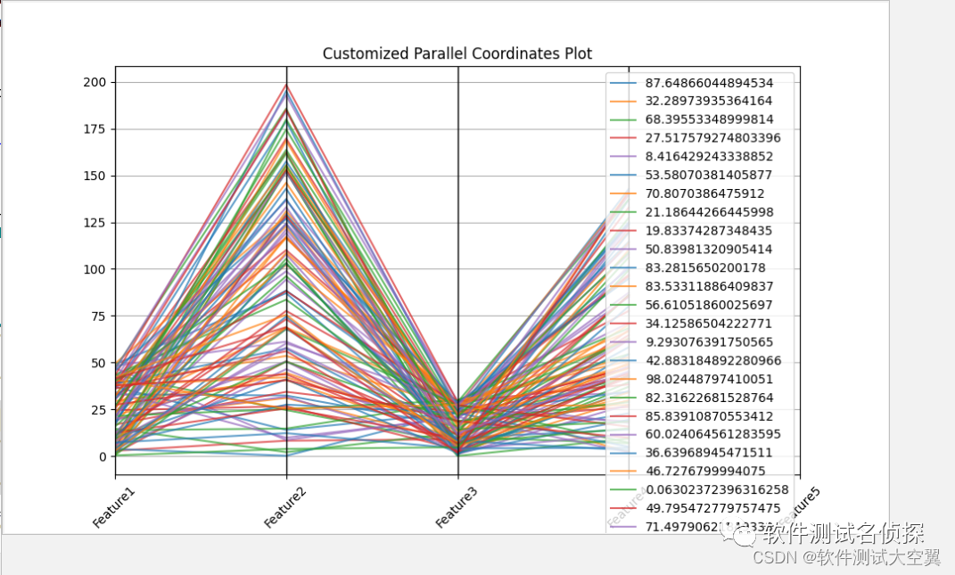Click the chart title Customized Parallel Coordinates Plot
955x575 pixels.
[x=457, y=53]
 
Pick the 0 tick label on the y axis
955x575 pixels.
[x=103, y=456]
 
